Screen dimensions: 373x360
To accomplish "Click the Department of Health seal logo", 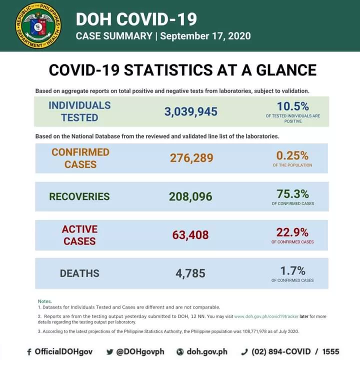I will point(38,26).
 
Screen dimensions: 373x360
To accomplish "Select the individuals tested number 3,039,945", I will point(191,111).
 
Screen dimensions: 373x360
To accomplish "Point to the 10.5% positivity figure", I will point(293,106).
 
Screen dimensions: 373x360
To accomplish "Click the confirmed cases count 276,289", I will point(191,158).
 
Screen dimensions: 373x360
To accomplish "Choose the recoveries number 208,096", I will point(191,196).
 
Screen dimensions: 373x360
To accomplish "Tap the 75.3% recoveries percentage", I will point(292,194).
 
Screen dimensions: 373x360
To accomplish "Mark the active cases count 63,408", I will point(190,234).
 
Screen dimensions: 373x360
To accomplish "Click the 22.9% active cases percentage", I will point(292,232).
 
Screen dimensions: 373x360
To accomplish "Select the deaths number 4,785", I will point(190,273).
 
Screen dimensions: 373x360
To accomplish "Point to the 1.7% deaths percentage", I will point(292,270).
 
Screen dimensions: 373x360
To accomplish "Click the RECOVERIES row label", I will point(79,196).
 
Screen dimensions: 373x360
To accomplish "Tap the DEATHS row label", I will point(79,273).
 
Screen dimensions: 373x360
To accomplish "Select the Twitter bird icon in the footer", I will point(110,352).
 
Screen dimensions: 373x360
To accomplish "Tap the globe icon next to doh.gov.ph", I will point(180,352).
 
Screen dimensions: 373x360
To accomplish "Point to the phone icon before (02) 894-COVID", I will point(244,352).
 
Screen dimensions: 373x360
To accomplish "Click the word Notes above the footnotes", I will point(45,301).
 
